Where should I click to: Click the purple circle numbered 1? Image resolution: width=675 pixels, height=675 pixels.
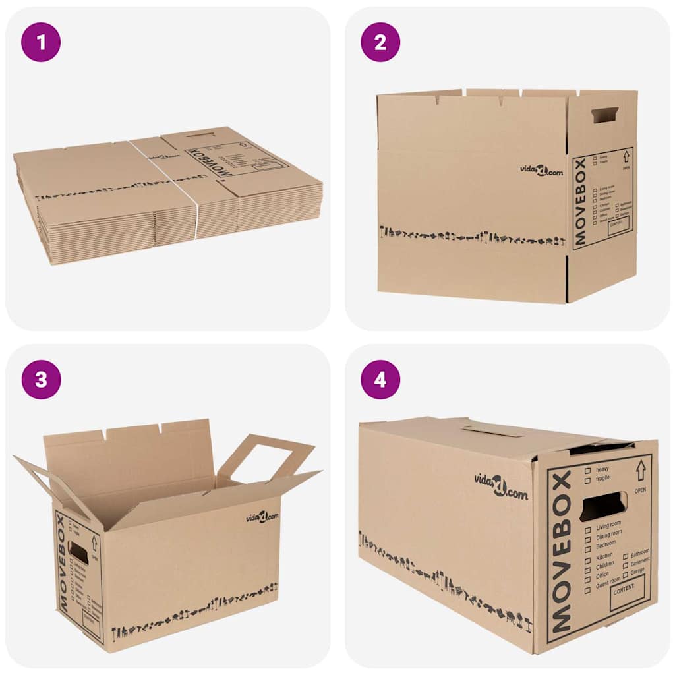pos(41,42)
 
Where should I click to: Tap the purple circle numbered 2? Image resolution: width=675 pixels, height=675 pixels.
pos(380,42)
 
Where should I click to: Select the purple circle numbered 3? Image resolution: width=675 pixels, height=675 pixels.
pos(41,380)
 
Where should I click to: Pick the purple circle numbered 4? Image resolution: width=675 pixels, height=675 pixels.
pos(380,380)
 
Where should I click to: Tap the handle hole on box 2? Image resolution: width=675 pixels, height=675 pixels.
pos(604,115)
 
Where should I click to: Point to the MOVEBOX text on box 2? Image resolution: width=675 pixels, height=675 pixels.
pos(580,202)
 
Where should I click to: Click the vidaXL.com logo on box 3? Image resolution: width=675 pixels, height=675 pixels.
pos(262,516)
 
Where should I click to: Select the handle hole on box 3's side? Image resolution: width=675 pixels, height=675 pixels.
pos(78,552)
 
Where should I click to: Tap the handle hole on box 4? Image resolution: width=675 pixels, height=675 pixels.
pos(603,506)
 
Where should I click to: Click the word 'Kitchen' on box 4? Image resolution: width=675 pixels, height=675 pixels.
pos(604,556)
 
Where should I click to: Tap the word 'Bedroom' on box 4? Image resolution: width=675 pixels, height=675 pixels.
pos(606,544)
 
